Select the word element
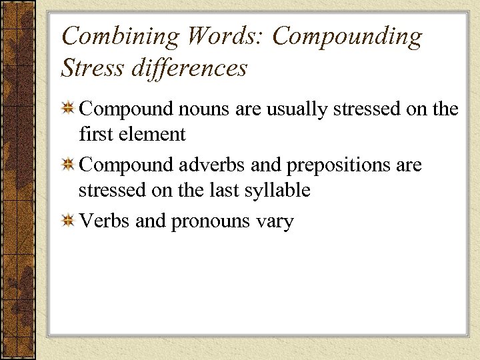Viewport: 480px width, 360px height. coord(153,135)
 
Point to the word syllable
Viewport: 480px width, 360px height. coord(279,191)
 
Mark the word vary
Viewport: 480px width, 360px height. coord(274,222)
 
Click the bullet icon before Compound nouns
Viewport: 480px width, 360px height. coord(67,109)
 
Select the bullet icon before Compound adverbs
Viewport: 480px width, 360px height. coord(67,164)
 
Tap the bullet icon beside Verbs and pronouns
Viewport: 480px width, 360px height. coord(67,221)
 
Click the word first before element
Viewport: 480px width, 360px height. coord(97,135)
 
